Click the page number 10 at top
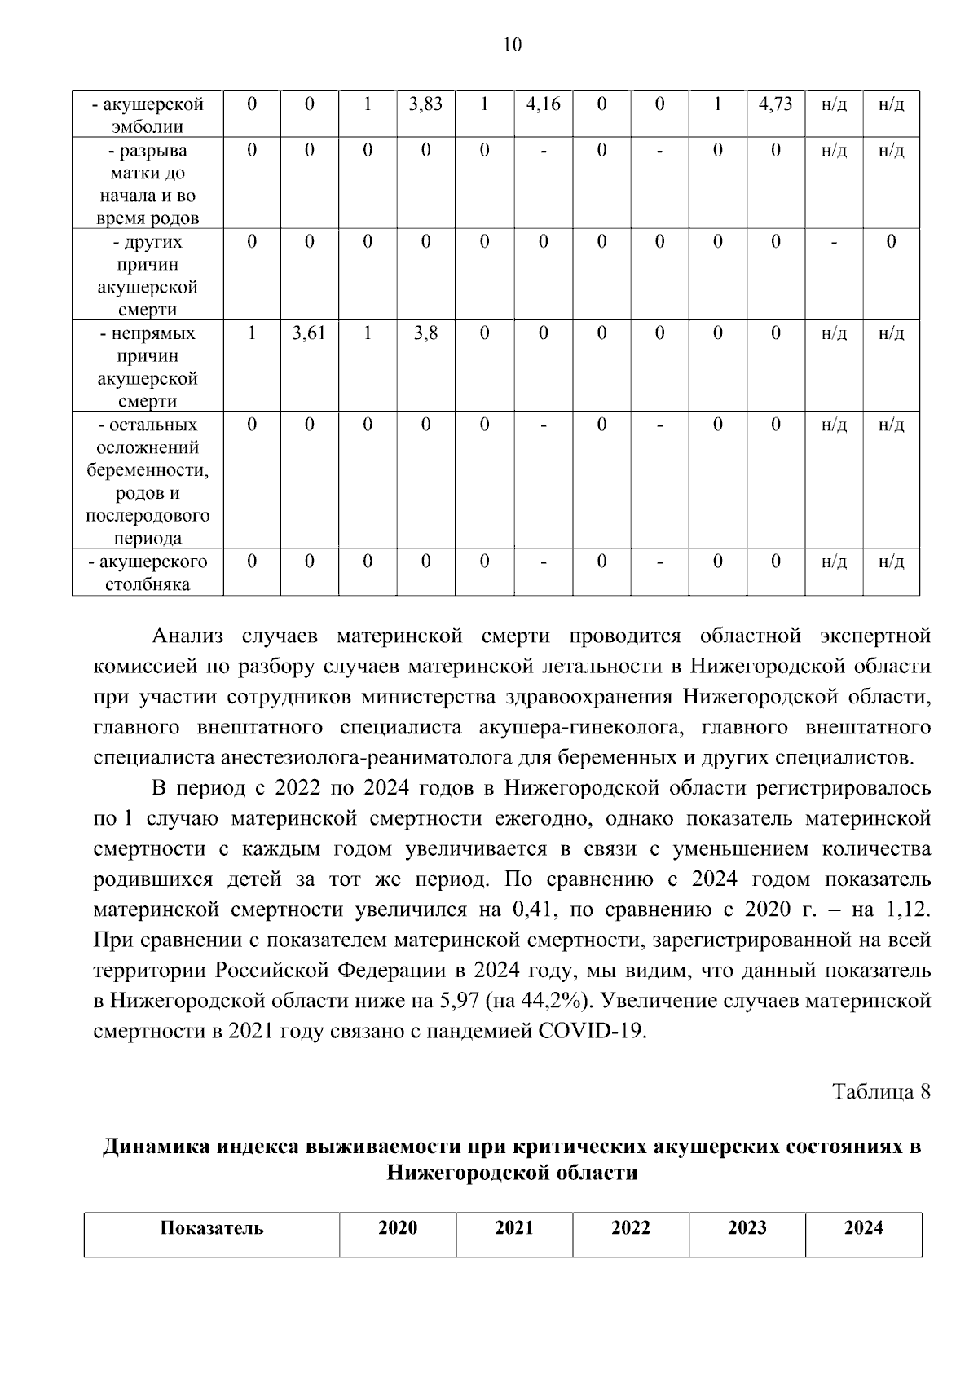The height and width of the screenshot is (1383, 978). point(512,45)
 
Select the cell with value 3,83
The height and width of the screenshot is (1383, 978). point(425,104)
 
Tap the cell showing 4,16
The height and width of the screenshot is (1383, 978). point(543,104)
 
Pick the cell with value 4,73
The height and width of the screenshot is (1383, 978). point(775,104)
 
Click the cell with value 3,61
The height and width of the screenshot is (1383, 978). point(309,333)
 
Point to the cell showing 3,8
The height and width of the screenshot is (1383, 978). point(425,333)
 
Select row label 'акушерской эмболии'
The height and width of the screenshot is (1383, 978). point(148,115)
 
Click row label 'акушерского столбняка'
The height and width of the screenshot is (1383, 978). point(148,573)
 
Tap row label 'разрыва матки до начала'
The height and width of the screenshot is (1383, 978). point(148,184)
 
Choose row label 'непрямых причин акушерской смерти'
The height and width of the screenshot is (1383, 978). point(148,367)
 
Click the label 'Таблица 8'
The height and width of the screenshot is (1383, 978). point(881,1092)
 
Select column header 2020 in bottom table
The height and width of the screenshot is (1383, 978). point(398,1228)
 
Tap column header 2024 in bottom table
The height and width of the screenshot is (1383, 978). point(863,1228)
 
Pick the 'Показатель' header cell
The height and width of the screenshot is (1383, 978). point(212,1228)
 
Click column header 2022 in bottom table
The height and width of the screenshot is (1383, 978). point(631,1228)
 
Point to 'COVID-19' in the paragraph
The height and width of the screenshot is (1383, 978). point(593,1032)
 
